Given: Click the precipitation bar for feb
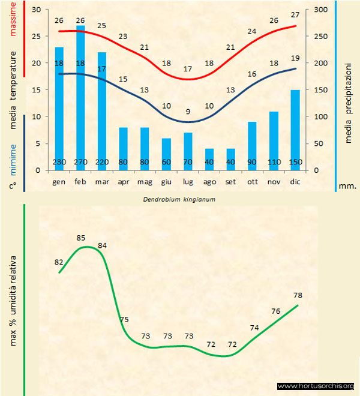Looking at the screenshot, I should point(80,96).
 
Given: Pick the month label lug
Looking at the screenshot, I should point(188,181).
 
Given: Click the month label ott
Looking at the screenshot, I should point(252,181).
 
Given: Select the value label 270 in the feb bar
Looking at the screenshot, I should point(80,163).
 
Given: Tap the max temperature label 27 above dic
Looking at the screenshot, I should point(295,14).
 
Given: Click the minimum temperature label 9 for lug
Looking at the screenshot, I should point(188,111).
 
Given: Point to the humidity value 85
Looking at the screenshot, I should point(82,238).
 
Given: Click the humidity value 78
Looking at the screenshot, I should point(298,295).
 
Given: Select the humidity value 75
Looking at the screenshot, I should point(124,320).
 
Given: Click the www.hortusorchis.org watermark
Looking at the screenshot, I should point(316,386).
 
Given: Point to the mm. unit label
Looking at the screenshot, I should point(347,186).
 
